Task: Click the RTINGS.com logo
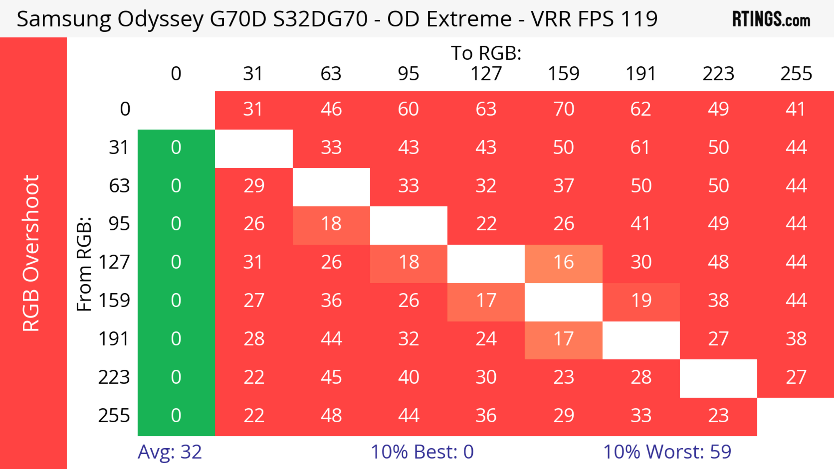[771, 19]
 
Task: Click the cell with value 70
[564, 109]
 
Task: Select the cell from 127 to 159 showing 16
[564, 262]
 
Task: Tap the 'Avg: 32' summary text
[170, 452]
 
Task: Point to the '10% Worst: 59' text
[667, 452]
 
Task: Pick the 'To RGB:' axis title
[486, 53]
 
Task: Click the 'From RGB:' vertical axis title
[84, 264]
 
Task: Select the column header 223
[718, 74]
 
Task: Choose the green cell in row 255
[176, 416]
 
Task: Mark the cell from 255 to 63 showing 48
[331, 416]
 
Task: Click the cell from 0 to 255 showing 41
[796, 109]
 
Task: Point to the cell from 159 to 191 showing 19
[641, 301]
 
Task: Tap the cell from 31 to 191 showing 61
[641, 148]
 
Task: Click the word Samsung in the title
[63, 19]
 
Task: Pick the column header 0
[176, 74]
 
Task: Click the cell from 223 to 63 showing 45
[331, 377]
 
